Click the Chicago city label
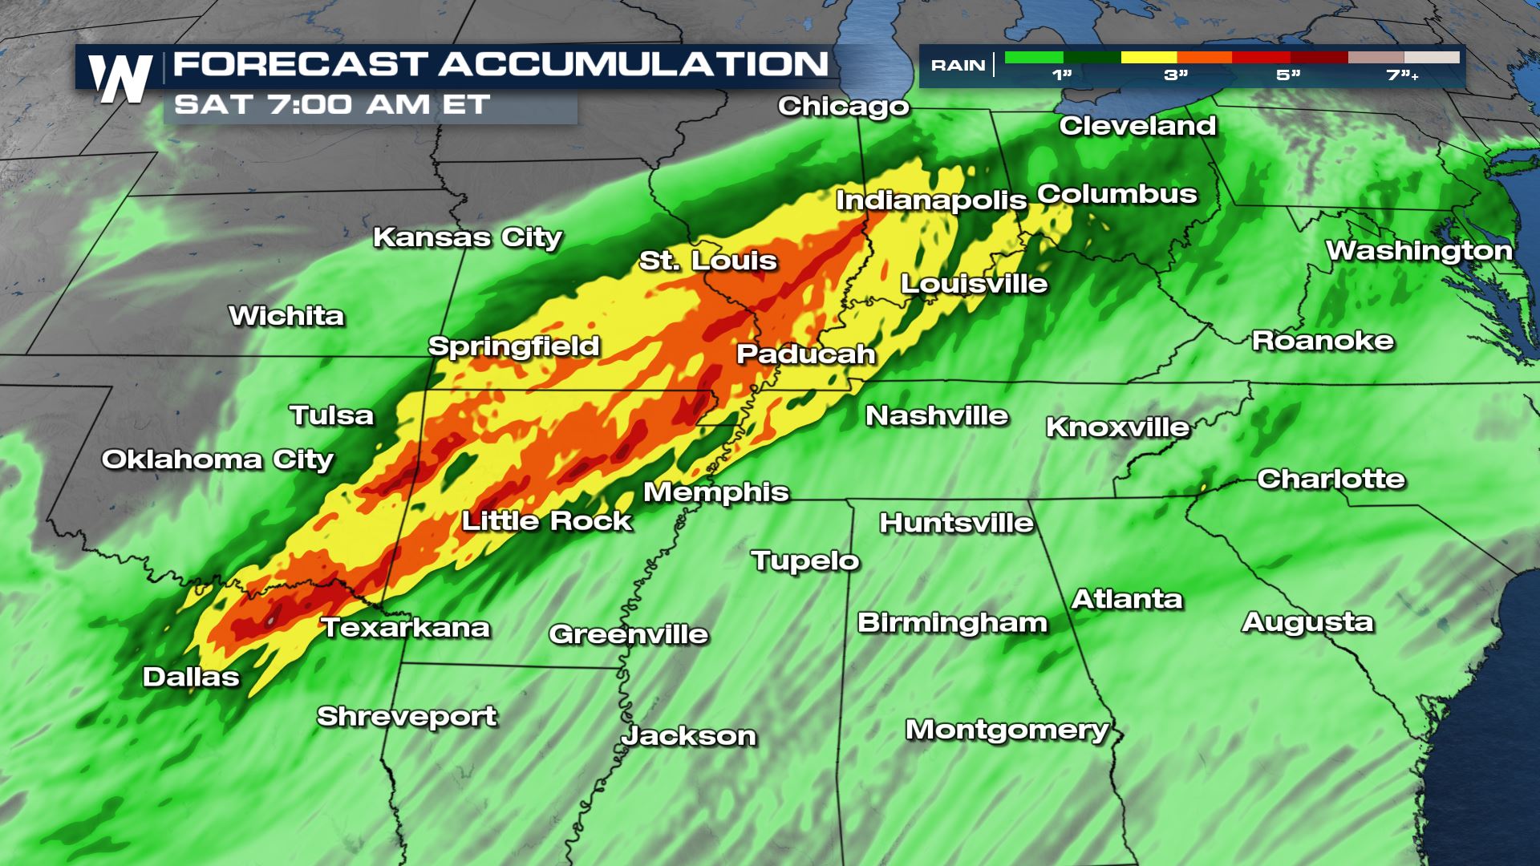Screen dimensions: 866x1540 click(843, 106)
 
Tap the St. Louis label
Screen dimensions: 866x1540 click(707, 261)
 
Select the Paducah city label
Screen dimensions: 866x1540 click(805, 354)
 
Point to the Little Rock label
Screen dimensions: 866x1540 click(547, 521)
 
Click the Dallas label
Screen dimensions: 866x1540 click(191, 677)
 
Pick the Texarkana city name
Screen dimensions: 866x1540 click(405, 627)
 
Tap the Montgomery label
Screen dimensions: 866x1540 click(1007, 730)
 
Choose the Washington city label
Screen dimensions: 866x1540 click(1418, 251)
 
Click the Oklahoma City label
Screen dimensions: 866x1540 click(217, 459)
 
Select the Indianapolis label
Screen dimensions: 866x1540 click(930, 200)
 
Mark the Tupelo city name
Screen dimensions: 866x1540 click(804, 560)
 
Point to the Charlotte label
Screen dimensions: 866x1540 click(1331, 479)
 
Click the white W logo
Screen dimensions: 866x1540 click(121, 79)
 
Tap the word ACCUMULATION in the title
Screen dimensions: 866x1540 click(633, 64)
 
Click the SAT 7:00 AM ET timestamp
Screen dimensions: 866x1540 click(331, 104)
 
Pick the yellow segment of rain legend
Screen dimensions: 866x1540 click(1149, 58)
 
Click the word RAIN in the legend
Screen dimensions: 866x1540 click(958, 66)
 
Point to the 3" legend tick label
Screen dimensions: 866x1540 click(1176, 75)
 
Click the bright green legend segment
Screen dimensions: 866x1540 click(1033, 58)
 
